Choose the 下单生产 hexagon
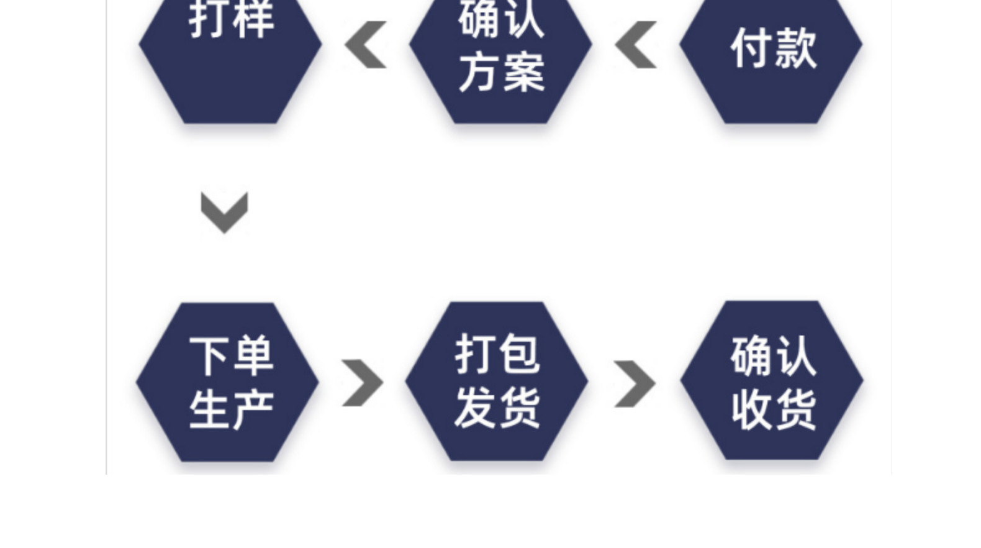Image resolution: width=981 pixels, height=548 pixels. (228, 382)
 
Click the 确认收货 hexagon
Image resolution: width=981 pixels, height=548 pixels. (772, 381)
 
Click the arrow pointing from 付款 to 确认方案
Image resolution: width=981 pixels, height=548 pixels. (636, 45)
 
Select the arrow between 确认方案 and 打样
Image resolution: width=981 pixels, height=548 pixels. (366, 45)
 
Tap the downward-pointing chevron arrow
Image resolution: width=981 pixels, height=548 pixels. (224, 212)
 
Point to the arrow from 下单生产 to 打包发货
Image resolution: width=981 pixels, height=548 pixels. (363, 383)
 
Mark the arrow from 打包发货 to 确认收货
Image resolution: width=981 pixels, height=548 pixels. (635, 383)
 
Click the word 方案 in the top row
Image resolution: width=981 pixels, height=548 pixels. (502, 72)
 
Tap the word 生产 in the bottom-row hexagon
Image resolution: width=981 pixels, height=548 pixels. (232, 409)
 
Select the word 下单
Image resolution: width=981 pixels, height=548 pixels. (232, 356)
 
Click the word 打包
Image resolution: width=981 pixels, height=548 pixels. (497, 354)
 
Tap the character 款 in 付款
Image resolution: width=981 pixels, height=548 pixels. (795, 48)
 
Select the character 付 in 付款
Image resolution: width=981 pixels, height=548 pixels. (751, 48)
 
